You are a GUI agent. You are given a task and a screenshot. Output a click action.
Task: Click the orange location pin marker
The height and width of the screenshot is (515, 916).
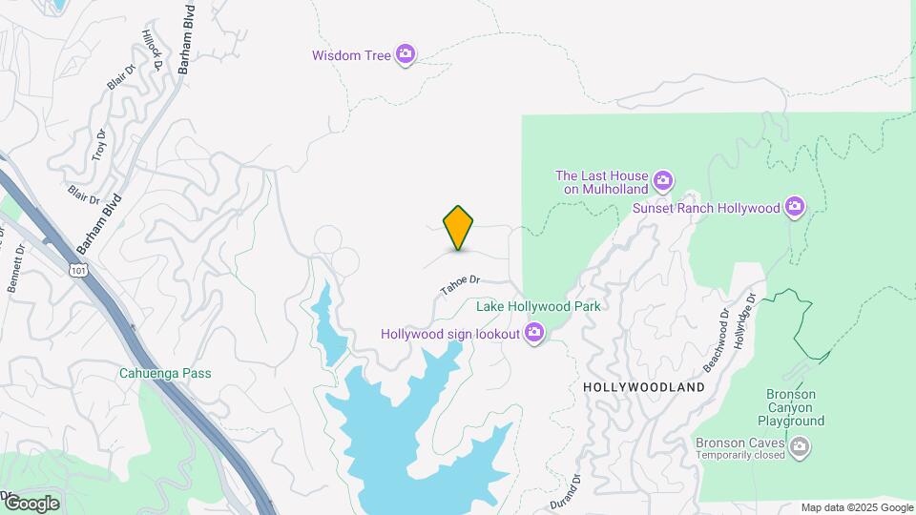(x=458, y=228)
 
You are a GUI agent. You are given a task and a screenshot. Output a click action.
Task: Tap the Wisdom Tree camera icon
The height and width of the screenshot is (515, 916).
(x=406, y=54)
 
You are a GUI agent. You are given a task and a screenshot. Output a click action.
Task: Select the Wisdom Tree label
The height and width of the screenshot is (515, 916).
(x=351, y=55)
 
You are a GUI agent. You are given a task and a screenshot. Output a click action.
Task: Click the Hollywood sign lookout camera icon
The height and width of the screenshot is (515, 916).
(x=534, y=334)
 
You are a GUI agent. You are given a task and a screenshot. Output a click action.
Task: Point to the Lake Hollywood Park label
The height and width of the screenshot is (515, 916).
(x=538, y=307)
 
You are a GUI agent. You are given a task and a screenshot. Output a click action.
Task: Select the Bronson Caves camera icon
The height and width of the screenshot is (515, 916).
(x=800, y=444)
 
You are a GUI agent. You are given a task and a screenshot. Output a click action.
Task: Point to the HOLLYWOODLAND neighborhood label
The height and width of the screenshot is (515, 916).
(x=643, y=388)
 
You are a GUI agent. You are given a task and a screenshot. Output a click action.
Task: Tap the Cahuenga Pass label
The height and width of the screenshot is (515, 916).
(x=166, y=373)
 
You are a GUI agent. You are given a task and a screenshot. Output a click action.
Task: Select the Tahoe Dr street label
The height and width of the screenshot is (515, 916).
(x=460, y=284)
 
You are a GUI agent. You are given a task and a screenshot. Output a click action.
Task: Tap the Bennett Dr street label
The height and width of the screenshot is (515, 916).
(x=17, y=270)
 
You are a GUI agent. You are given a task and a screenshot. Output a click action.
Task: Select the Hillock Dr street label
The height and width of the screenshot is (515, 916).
(x=152, y=51)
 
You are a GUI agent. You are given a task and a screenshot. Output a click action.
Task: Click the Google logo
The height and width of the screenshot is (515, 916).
(x=31, y=504)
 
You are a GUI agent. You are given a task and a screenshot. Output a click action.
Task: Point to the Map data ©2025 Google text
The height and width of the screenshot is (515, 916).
(x=857, y=507)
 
